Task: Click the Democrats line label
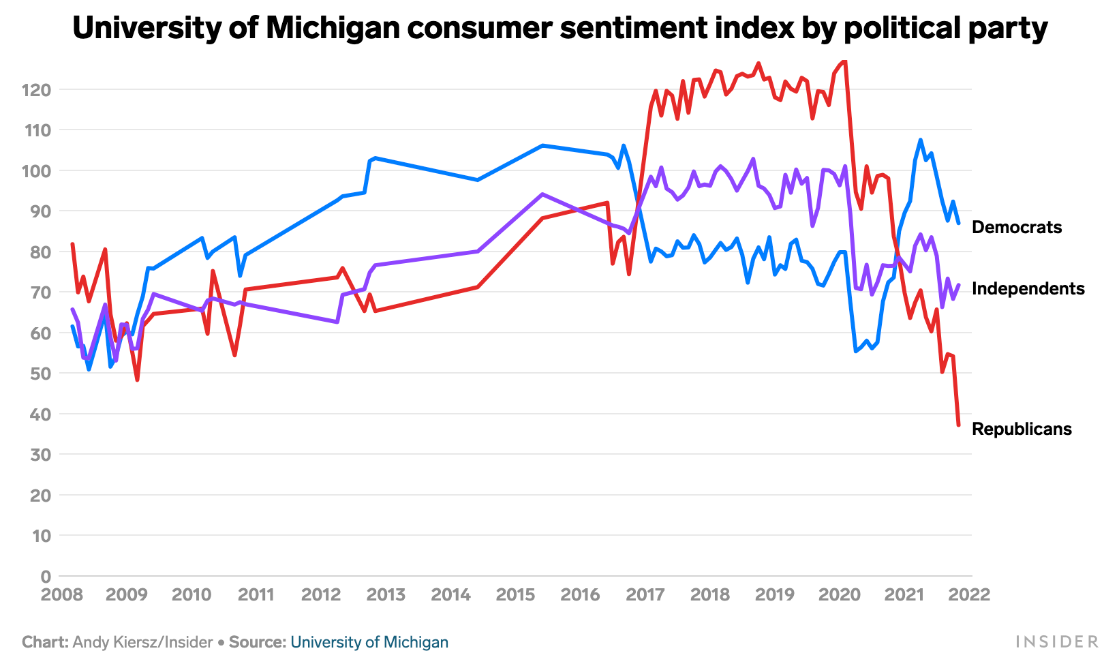[x=1016, y=228]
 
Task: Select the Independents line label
[x=1028, y=289]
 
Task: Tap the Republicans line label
[x=1022, y=429]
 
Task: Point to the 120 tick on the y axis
[x=36, y=90]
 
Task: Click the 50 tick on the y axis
[x=40, y=374]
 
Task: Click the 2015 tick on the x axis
[x=516, y=595]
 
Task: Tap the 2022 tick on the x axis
[x=969, y=595]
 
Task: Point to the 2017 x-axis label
[x=645, y=595]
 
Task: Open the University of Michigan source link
[x=369, y=642]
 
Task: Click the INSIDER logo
[x=1057, y=642]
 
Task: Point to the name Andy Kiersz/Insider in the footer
[x=142, y=642]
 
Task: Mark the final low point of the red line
[x=958, y=425]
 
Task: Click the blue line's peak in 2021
[x=920, y=140]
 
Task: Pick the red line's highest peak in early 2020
[x=845, y=61]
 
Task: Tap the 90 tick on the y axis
[x=40, y=211]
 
